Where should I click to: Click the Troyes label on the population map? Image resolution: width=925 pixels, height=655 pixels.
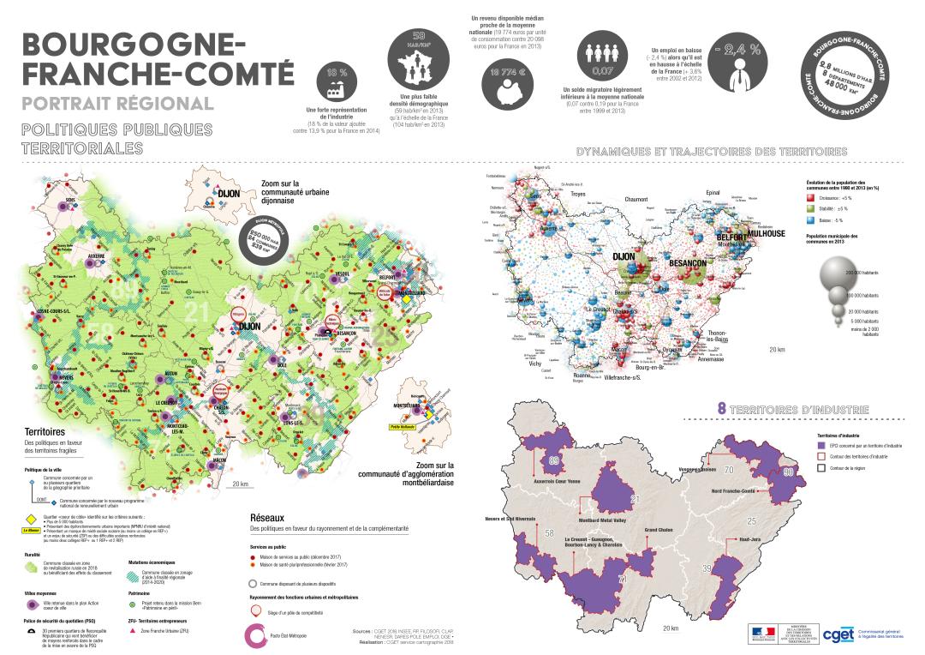tap(583, 194)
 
